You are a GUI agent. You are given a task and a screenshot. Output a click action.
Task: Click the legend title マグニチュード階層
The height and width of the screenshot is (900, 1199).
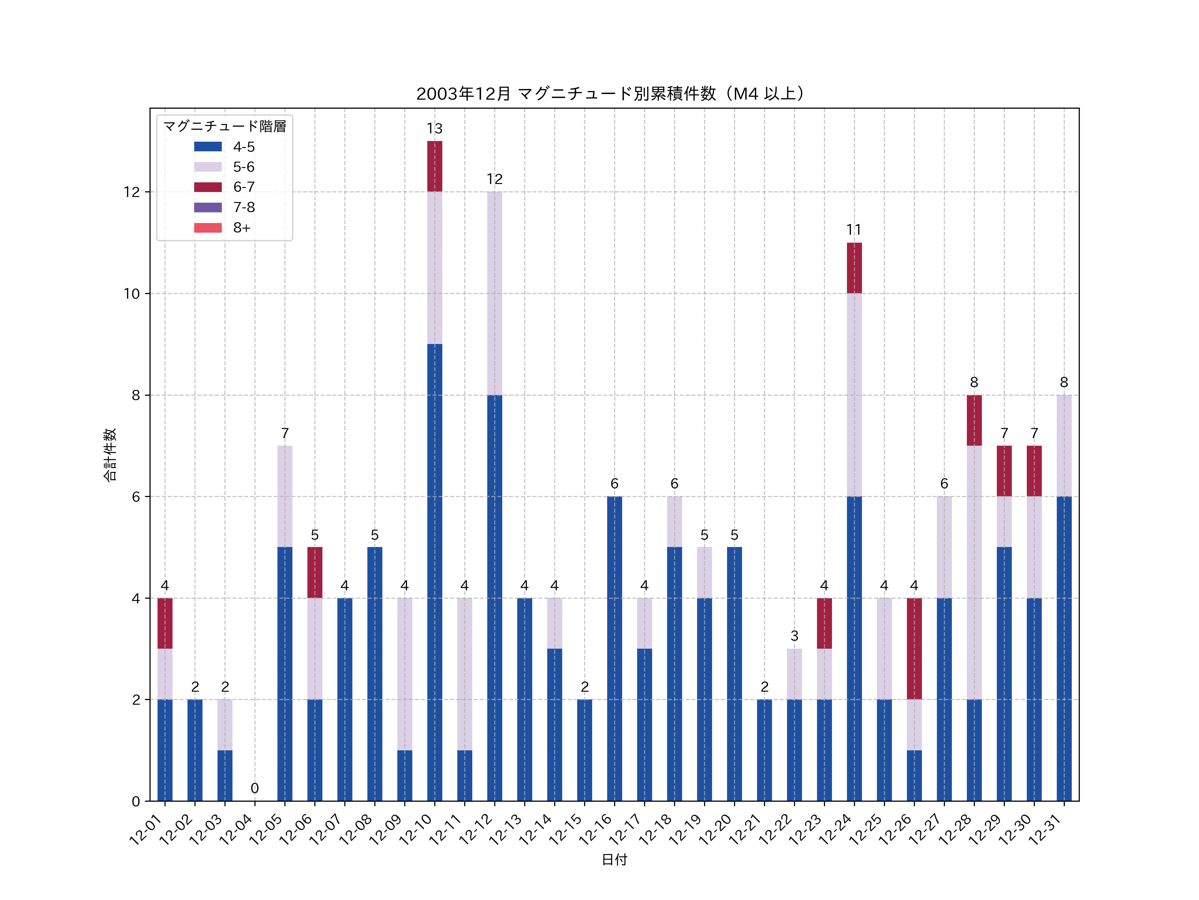(x=224, y=126)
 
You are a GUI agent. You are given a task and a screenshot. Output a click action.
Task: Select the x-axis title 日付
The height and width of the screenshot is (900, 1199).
(x=614, y=860)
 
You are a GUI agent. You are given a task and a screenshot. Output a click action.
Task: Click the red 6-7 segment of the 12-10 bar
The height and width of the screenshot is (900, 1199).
(x=435, y=167)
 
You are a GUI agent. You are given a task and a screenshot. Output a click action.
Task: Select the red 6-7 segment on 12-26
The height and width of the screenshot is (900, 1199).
(x=915, y=649)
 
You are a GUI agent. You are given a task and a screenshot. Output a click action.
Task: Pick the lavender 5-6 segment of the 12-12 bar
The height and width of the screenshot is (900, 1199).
(x=494, y=293)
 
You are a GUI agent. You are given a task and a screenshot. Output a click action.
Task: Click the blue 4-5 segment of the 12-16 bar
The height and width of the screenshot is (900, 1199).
(x=614, y=649)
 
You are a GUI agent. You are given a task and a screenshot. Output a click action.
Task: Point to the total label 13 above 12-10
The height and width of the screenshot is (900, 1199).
(x=435, y=129)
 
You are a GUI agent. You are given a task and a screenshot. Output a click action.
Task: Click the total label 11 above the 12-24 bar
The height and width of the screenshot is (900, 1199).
(x=854, y=230)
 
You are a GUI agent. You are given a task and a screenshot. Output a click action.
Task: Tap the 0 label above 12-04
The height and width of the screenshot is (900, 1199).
(x=255, y=788)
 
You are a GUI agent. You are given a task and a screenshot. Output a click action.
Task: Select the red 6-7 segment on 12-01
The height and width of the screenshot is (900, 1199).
(x=165, y=623)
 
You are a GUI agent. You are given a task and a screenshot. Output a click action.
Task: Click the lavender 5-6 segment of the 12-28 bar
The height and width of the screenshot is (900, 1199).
(x=974, y=572)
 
